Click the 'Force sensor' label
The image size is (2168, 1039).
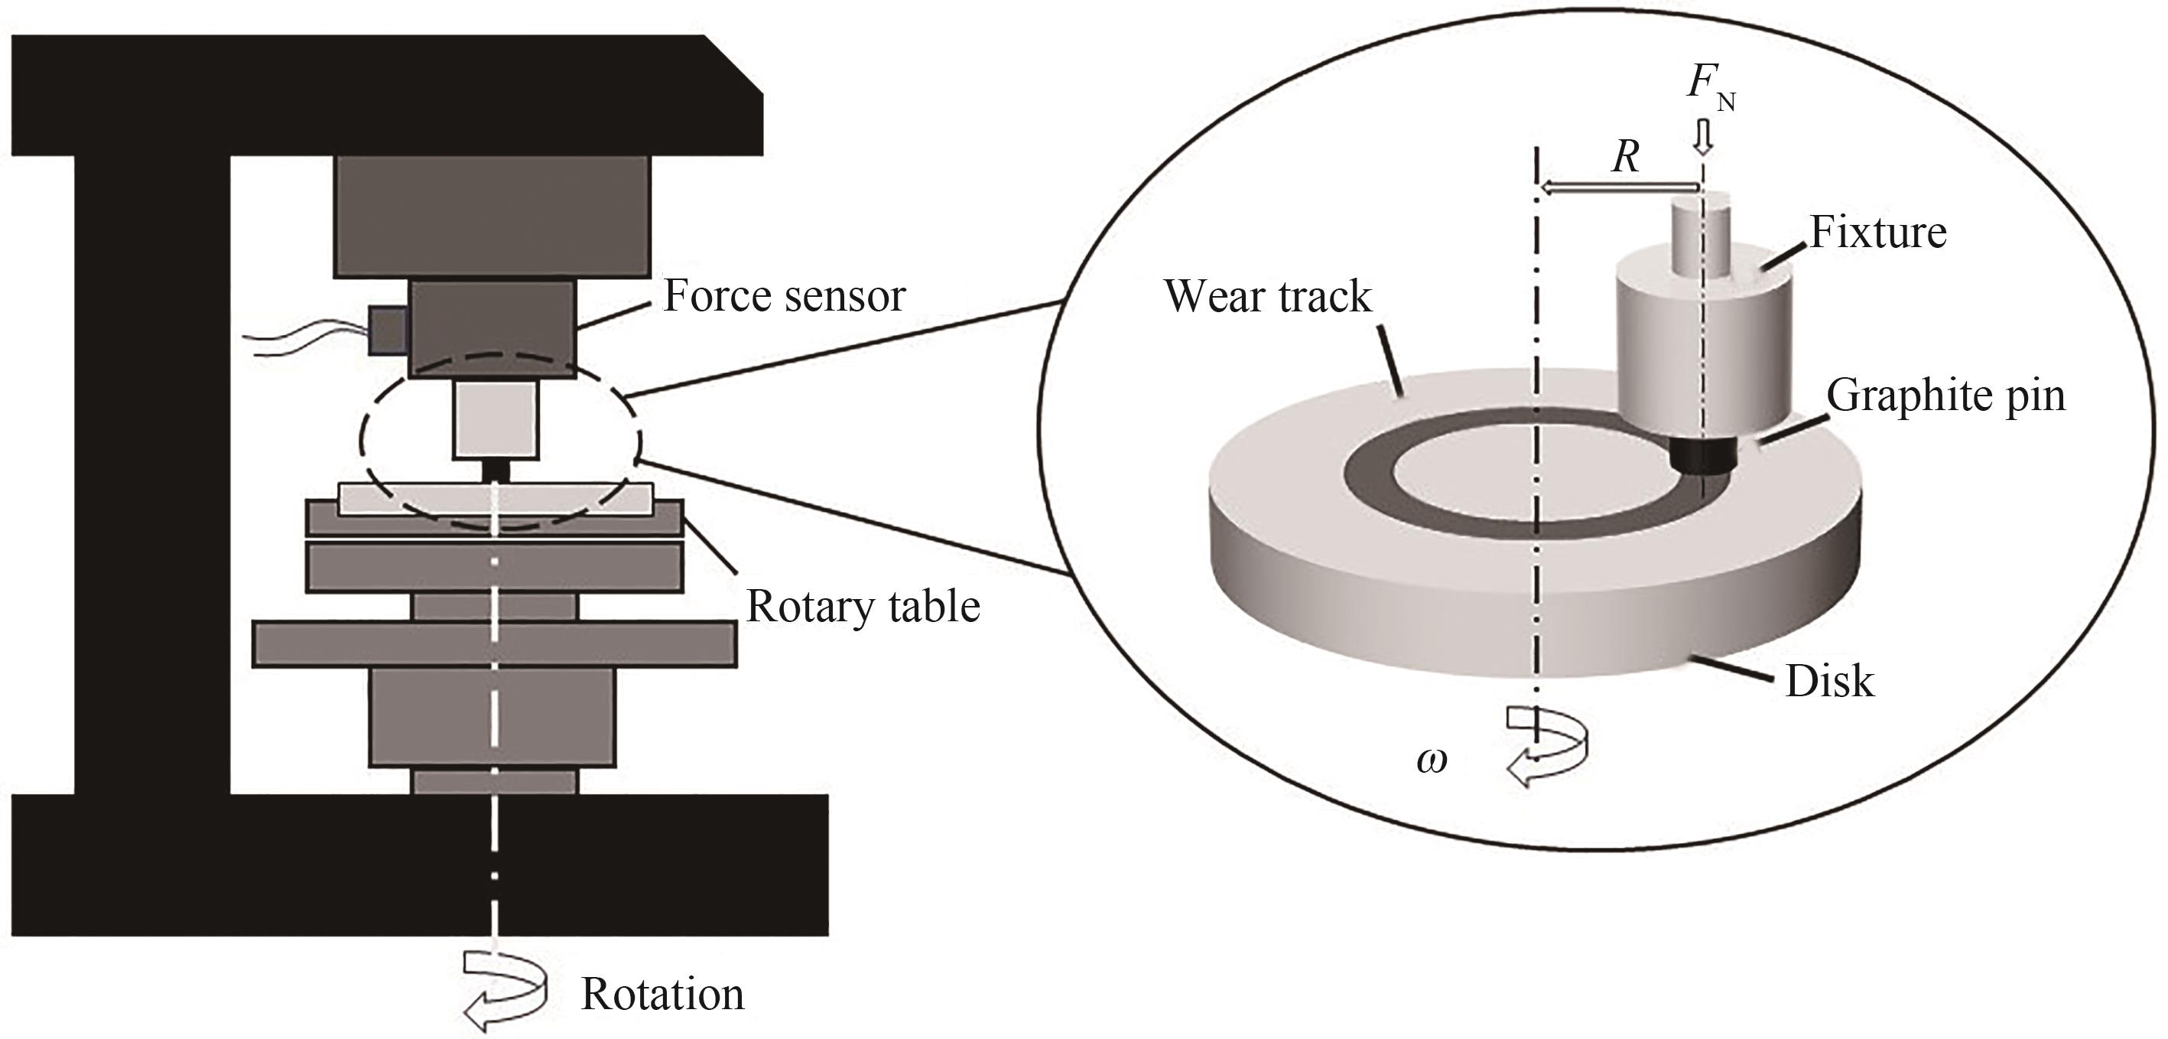(784, 295)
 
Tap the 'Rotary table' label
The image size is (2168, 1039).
(863, 606)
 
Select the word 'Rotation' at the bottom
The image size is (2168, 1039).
(662, 995)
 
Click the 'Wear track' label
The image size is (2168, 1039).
(1267, 296)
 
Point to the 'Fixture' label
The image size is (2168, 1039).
(1877, 233)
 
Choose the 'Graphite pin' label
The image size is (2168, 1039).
(1945, 395)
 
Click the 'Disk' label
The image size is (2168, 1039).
(1830, 681)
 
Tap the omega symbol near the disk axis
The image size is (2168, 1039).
(1432, 761)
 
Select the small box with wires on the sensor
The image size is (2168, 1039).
(388, 329)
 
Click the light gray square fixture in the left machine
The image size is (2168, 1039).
(496, 419)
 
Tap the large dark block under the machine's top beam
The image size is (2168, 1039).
(492, 217)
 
